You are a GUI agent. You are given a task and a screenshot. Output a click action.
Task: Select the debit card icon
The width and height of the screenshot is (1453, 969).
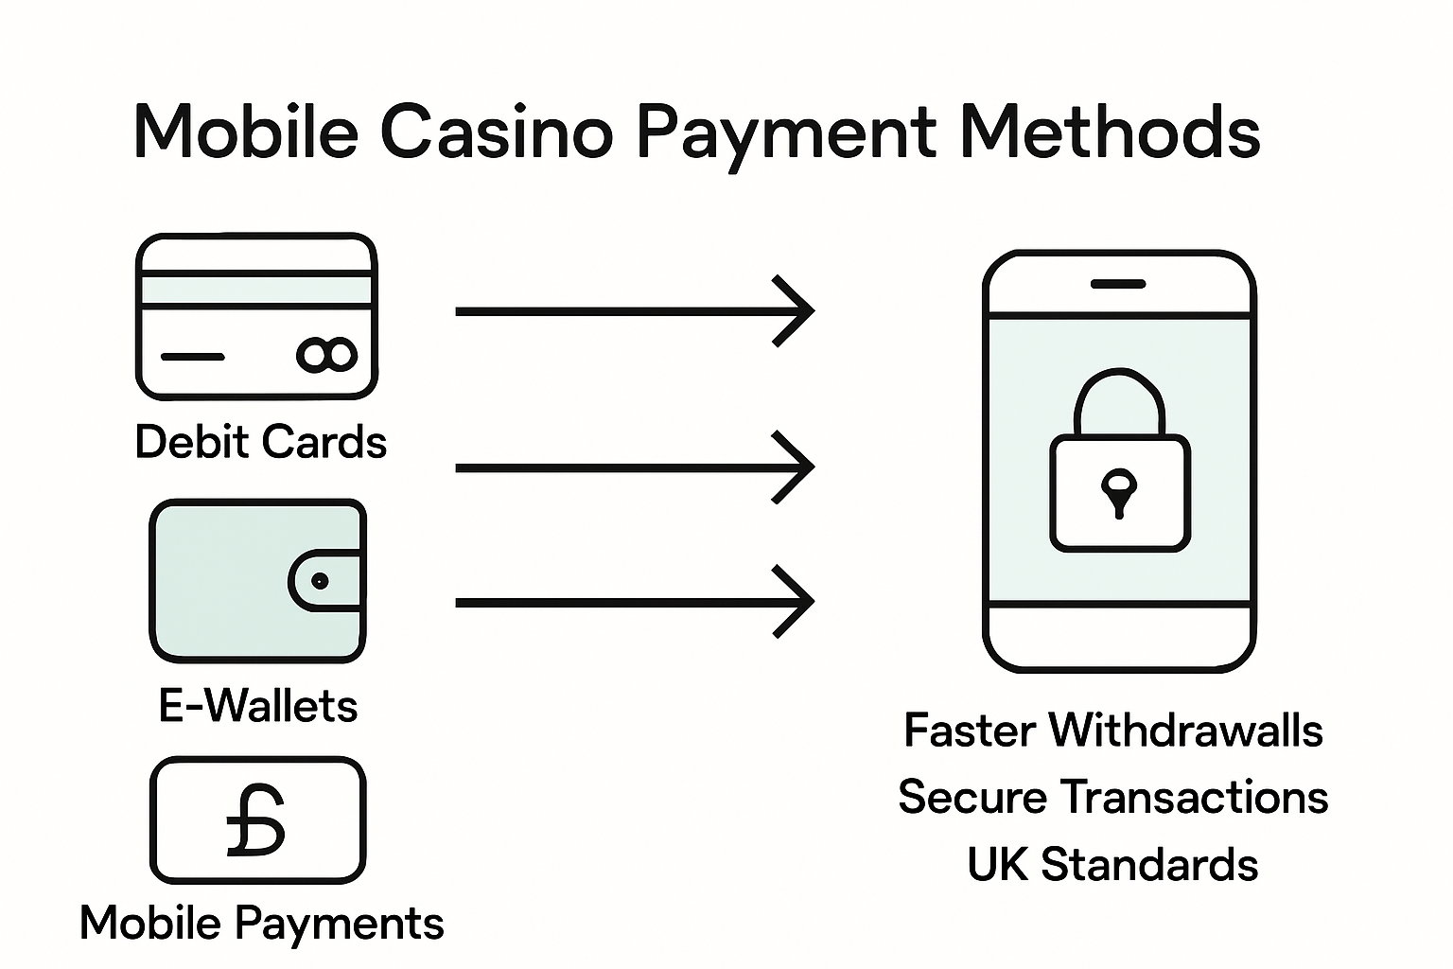(x=256, y=316)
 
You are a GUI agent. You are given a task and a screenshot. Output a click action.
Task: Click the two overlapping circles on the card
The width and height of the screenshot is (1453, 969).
(x=327, y=355)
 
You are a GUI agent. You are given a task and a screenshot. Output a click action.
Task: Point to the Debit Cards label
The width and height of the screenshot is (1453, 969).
(x=261, y=442)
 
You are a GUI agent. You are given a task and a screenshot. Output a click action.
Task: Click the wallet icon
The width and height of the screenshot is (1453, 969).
(x=257, y=580)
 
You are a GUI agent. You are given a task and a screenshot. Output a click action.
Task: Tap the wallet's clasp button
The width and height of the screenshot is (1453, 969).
(x=320, y=581)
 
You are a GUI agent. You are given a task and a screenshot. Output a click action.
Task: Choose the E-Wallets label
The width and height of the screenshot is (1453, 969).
(x=258, y=706)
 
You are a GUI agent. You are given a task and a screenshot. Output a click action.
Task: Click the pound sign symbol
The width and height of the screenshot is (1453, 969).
(x=256, y=820)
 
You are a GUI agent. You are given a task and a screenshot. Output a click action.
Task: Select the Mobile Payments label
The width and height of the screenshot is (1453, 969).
(x=261, y=923)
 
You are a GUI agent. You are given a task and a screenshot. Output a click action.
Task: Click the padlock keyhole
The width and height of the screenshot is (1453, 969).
(x=1119, y=491)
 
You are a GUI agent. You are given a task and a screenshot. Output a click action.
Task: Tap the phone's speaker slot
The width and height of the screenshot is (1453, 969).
(x=1118, y=284)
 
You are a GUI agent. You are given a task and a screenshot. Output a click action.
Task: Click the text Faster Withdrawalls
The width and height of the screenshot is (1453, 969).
(x=1113, y=731)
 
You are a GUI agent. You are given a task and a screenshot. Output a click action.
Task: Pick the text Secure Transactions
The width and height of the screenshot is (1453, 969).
(x=1113, y=797)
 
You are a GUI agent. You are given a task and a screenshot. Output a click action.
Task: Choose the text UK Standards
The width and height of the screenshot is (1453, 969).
(x=1113, y=864)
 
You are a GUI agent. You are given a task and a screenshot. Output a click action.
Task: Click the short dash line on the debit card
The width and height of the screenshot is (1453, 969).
(x=192, y=357)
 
